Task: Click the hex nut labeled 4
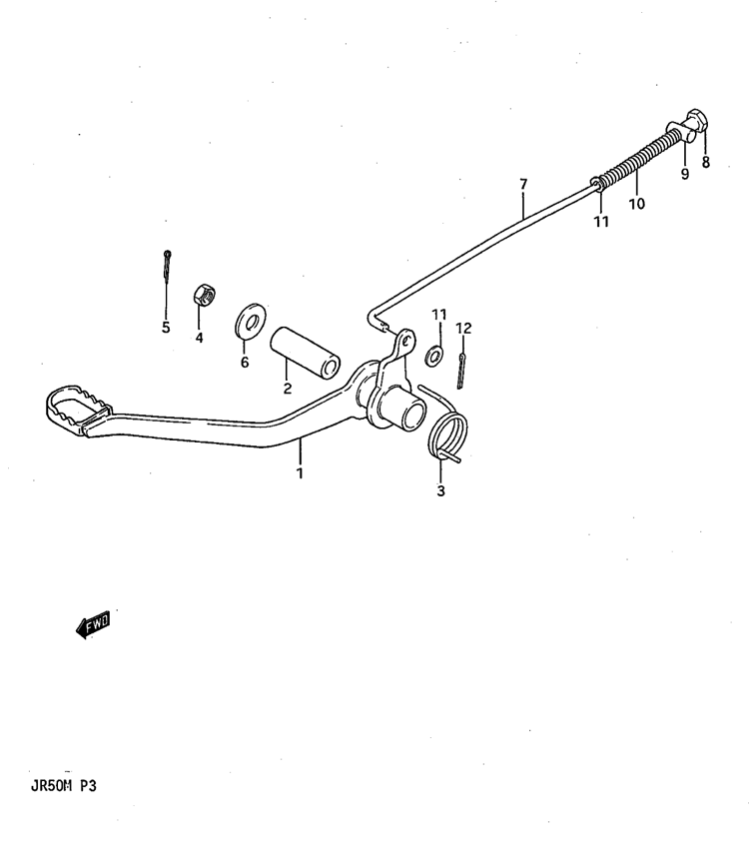pos(205,294)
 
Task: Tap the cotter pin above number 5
pos(167,265)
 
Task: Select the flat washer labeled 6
pos(251,321)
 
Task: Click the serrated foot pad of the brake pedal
pos(76,410)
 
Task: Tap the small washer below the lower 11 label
pos(434,356)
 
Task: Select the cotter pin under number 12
pos(461,371)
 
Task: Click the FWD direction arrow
pos(93,625)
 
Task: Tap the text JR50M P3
pos(64,786)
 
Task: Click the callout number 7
pos(523,184)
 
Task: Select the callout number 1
pos(300,473)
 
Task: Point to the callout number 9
pos(685,174)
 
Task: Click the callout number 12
pos(464,329)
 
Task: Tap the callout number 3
pos(440,490)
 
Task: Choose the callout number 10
pos(636,204)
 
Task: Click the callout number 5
pos(166,328)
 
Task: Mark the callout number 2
pos(287,389)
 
